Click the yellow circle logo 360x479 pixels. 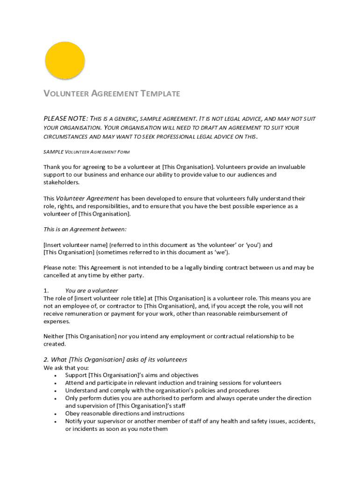coord(65,61)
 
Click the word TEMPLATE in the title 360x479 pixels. coord(160,94)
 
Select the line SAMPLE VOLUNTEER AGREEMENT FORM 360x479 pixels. coord(86,152)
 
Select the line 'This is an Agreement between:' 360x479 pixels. coord(85,229)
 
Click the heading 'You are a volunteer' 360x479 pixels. coord(92,290)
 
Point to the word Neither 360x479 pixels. coord(53,336)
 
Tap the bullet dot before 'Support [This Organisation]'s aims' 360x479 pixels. coord(56,375)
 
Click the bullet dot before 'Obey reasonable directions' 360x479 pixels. coord(56,414)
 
